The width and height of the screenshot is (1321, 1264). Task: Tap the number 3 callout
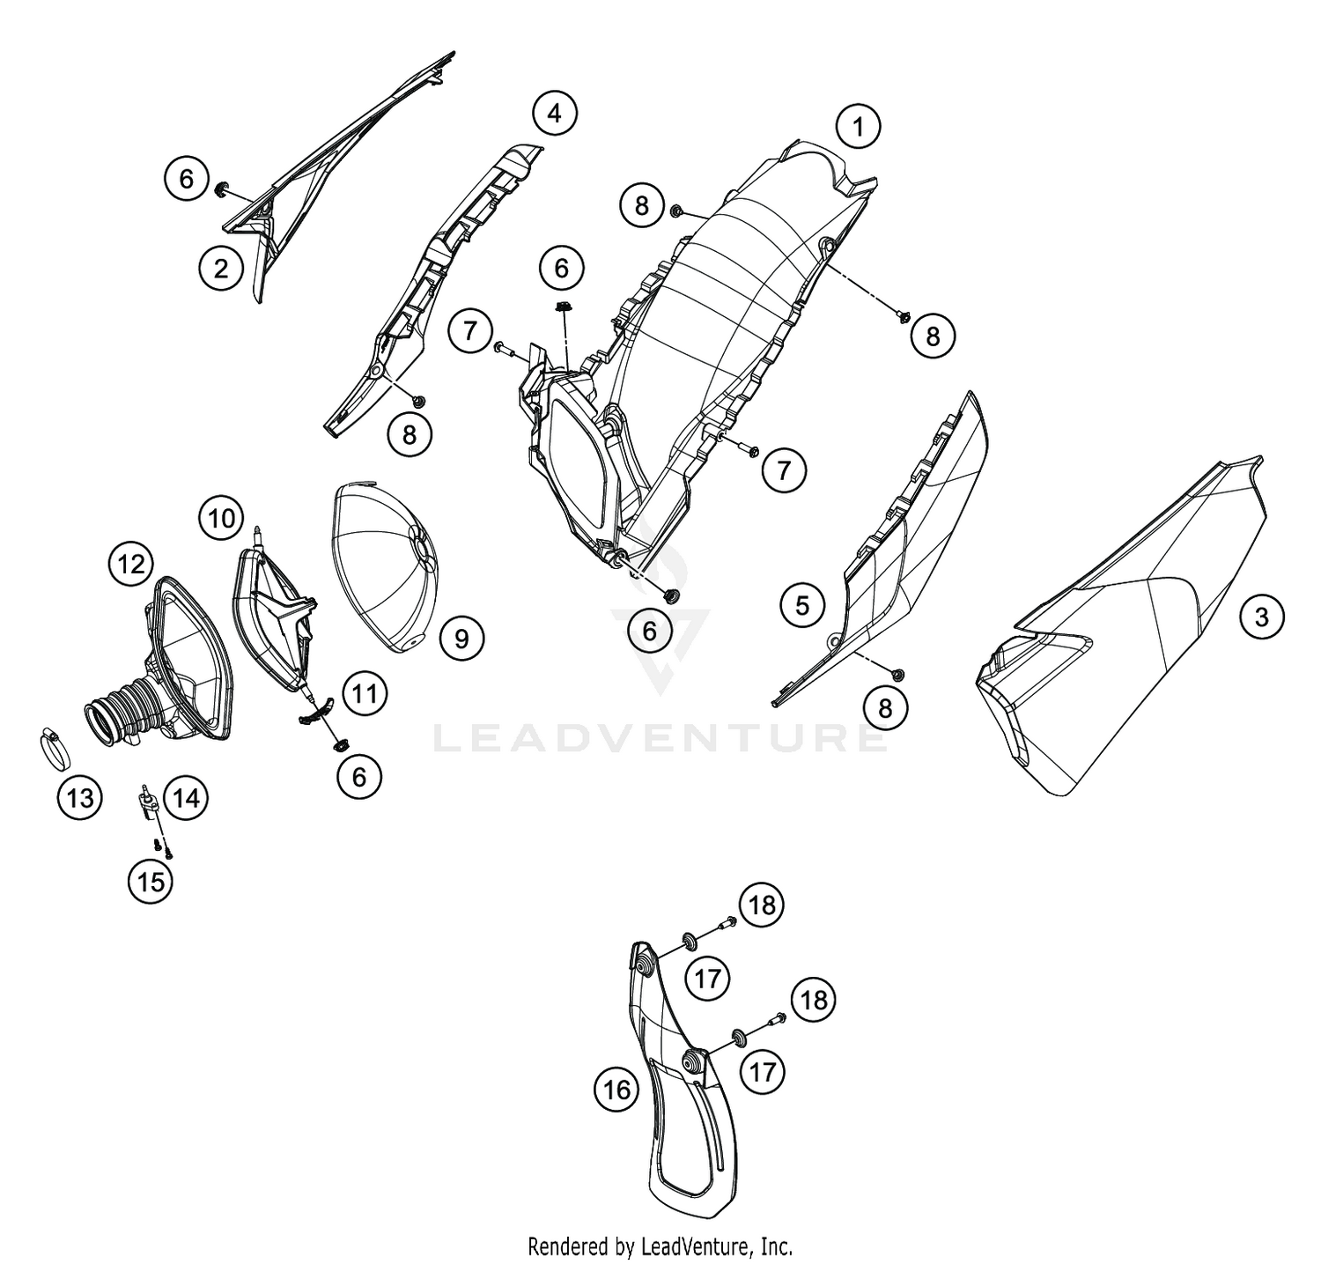(1261, 616)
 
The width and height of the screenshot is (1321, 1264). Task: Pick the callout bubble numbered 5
(802, 605)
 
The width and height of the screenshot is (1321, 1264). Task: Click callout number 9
(461, 636)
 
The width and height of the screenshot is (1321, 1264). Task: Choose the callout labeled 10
(222, 519)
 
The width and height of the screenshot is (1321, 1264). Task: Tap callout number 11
(365, 695)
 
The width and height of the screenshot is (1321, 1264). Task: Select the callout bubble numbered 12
(131, 564)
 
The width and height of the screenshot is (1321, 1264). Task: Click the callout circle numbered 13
(79, 799)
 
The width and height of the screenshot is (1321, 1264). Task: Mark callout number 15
(151, 880)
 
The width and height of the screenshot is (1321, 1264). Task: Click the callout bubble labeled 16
(617, 1090)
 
